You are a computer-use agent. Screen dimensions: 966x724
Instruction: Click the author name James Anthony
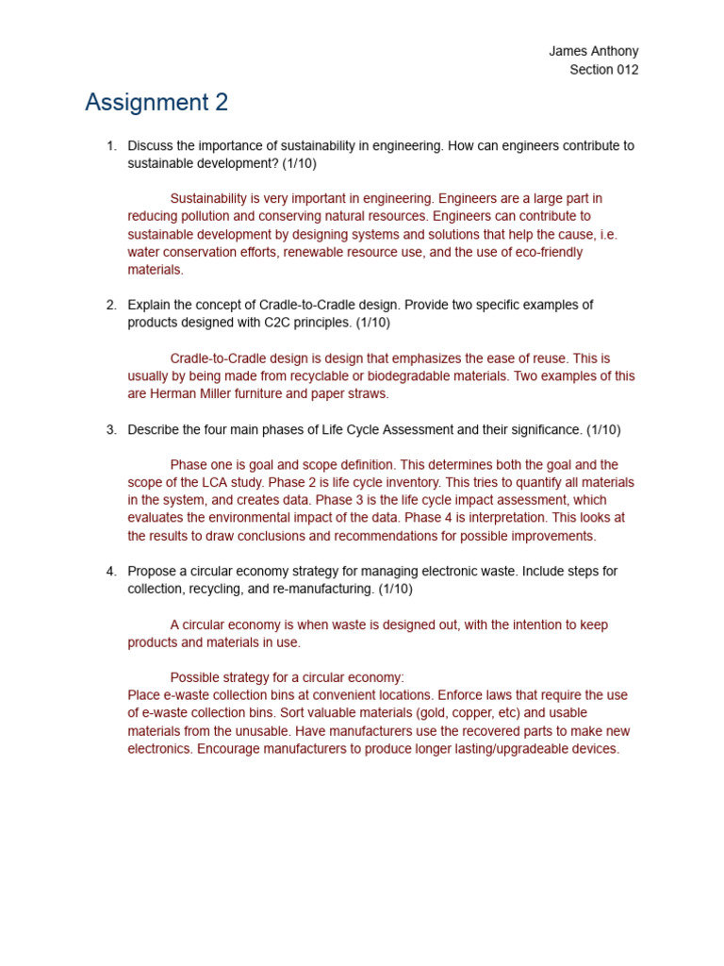point(593,51)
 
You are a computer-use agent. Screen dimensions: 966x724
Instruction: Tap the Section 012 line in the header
point(603,70)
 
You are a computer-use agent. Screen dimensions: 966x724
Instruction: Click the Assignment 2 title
point(156,103)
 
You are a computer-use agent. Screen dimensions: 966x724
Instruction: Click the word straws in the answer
point(368,394)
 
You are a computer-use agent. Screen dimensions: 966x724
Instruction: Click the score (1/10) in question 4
point(395,590)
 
